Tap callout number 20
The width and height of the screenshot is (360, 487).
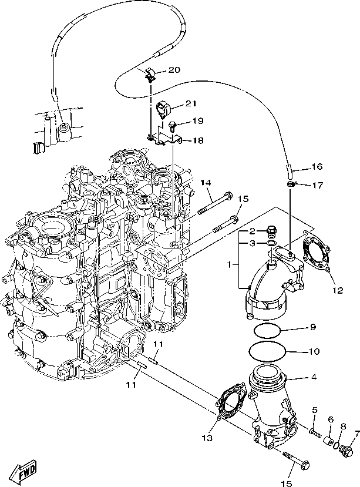point(174,70)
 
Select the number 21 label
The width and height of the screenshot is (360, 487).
point(174,104)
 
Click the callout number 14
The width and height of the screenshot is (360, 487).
point(205,183)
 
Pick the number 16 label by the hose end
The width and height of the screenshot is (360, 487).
point(317,166)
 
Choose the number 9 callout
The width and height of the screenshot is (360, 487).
point(313,327)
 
